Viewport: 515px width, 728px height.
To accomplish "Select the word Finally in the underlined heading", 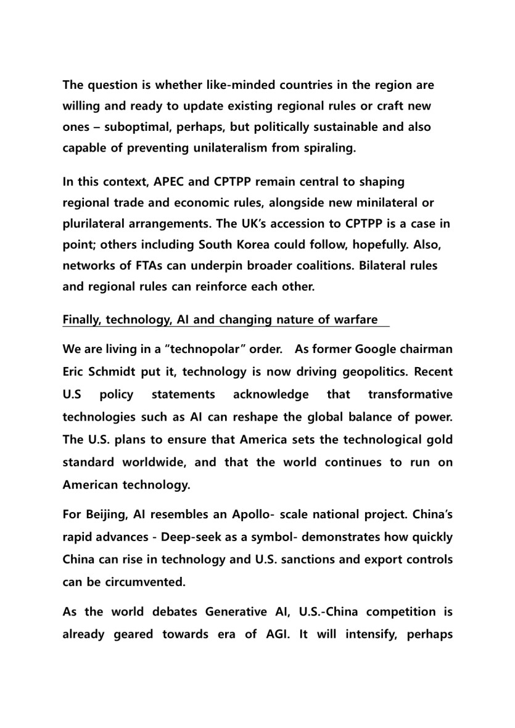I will (81, 320).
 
